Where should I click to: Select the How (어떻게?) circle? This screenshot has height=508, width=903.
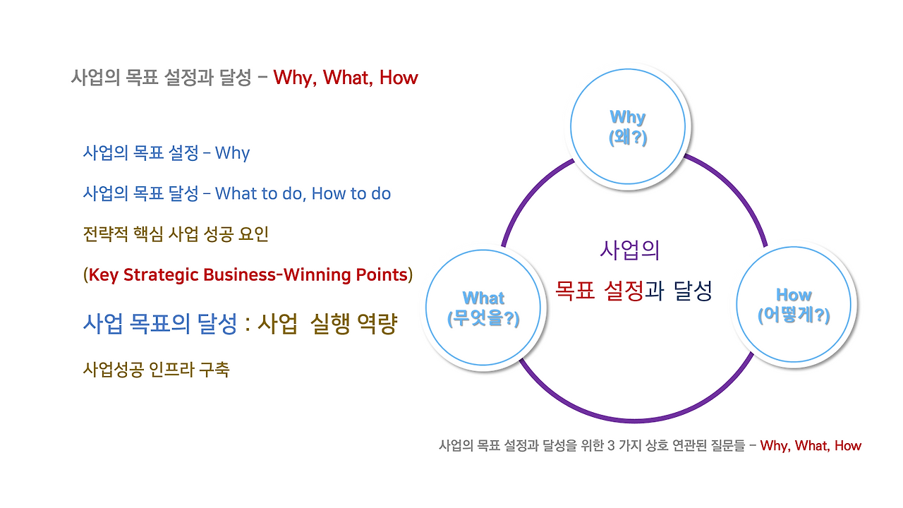[x=794, y=306]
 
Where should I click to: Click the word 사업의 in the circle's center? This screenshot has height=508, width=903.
[x=629, y=250]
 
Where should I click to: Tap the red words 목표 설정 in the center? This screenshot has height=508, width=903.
[x=599, y=290]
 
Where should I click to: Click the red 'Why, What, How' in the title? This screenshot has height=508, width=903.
[x=346, y=78]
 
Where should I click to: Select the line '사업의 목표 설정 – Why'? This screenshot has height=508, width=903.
[x=166, y=153]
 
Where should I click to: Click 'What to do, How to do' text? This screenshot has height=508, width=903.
[x=303, y=193]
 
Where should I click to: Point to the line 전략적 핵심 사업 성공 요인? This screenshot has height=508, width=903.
[x=176, y=234]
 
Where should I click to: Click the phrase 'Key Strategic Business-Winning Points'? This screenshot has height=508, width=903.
[x=247, y=274]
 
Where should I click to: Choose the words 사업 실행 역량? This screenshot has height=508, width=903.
[x=327, y=324]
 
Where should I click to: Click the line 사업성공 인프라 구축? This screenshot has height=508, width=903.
[x=156, y=369]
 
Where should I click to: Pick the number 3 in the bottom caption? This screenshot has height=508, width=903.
[x=610, y=446]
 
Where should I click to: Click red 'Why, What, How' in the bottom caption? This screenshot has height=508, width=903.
[x=811, y=446]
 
